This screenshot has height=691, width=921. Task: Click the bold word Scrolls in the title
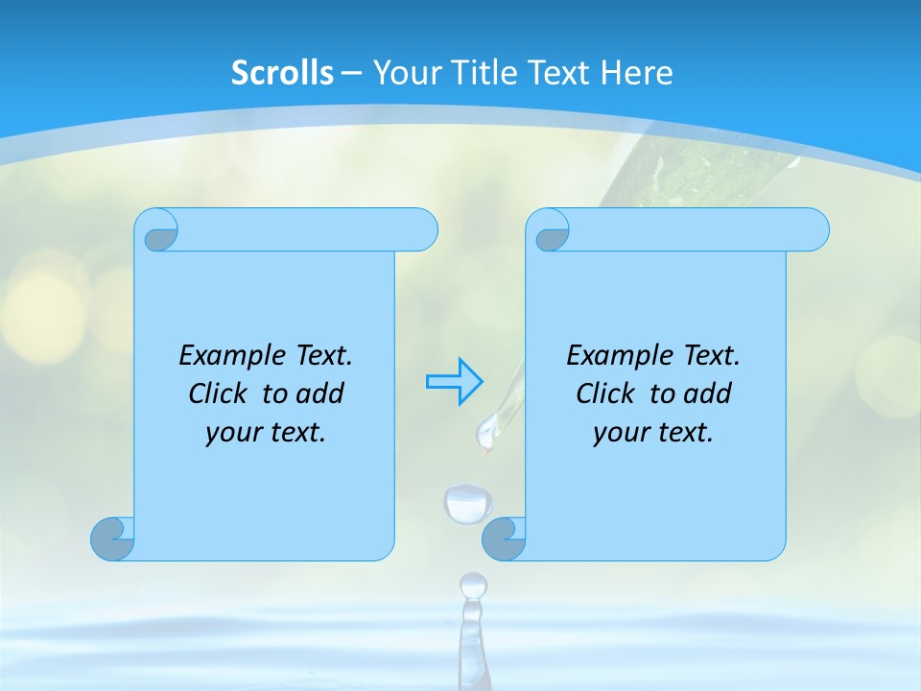click(x=282, y=73)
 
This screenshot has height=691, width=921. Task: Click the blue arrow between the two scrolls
click(x=454, y=381)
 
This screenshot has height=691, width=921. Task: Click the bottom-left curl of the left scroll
click(x=111, y=539)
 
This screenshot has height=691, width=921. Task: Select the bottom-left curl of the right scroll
click(x=503, y=539)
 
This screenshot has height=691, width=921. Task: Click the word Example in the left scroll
click(x=226, y=356)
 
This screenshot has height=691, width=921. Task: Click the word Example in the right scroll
click(x=614, y=356)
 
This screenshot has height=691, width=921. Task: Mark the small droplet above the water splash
click(x=473, y=584)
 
